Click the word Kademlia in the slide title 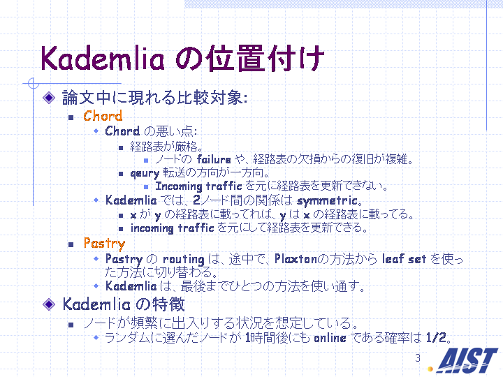(102, 59)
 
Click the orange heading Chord (103, 116)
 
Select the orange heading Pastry (104, 244)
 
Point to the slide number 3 (417, 357)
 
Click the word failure (214, 159)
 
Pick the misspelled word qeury (145, 173)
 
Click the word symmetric (327, 201)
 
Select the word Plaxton (296, 259)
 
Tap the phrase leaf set (404, 259)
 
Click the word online (330, 338)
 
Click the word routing (183, 259)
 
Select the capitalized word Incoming (179, 186)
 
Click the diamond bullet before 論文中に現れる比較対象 (49, 98)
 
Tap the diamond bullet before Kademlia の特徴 (49, 304)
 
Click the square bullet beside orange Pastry (71, 245)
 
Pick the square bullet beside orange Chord (71, 118)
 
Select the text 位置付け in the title (264, 59)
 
